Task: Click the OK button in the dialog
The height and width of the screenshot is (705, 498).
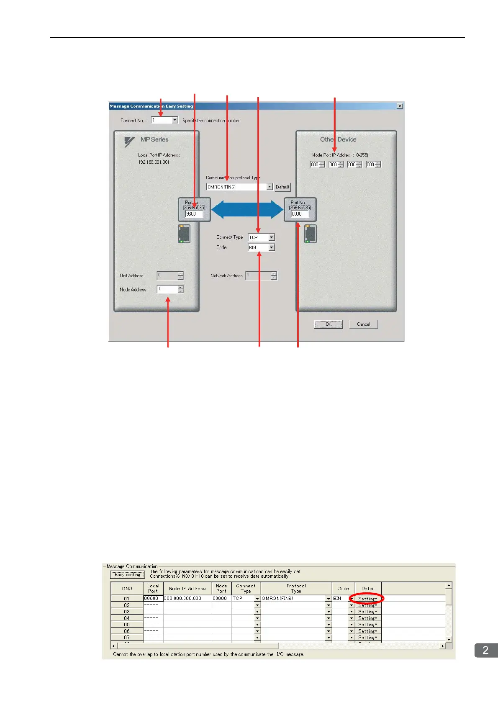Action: pos(328,324)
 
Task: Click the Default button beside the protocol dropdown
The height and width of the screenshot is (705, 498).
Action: pos(282,187)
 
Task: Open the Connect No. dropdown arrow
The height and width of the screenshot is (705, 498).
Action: pos(175,120)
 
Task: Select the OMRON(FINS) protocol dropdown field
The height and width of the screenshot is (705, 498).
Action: pos(236,187)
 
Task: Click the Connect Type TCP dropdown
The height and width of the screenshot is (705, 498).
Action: pos(261,237)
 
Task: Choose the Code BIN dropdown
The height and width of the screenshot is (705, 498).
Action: pos(261,247)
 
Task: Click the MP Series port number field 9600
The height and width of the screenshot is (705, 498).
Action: pos(194,214)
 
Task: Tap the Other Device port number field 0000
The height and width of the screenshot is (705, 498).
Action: pos(300,214)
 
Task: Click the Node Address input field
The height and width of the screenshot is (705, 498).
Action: pos(167,289)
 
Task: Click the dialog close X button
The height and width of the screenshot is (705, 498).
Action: pos(400,106)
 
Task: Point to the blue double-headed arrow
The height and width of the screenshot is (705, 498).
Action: pos(247,209)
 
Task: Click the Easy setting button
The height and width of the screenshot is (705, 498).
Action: pos(128,575)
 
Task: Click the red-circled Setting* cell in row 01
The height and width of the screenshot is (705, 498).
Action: pos(367,599)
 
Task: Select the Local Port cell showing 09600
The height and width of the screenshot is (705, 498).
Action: pos(153,599)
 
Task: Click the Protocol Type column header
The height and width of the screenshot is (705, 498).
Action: pos(296,588)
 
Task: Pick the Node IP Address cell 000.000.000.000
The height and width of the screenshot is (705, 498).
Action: pos(187,599)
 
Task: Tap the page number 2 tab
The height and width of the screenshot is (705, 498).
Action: pos(485,650)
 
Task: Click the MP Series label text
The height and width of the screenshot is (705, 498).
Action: pos(154,139)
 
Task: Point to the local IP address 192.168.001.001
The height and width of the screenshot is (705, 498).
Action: pos(154,162)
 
